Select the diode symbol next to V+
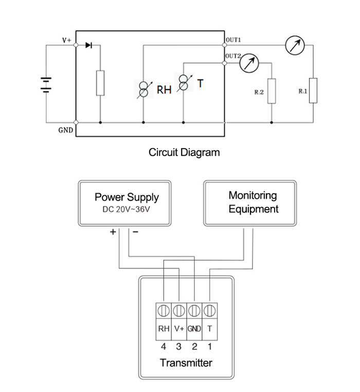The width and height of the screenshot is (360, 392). tap(88, 45)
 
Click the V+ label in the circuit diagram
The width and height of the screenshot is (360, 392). tap(66, 40)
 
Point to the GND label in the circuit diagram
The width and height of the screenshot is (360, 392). tap(65, 130)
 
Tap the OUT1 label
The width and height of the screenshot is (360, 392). tap(234, 40)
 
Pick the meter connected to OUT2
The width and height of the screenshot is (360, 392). tap(249, 63)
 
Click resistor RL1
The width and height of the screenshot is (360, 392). tap(313, 90)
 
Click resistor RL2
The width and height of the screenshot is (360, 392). tap(272, 91)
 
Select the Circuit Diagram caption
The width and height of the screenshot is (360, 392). tap(184, 152)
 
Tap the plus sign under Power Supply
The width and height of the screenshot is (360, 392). tap(113, 232)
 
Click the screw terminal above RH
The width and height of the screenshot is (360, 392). tap(164, 311)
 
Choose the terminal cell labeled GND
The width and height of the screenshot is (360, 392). tap(194, 328)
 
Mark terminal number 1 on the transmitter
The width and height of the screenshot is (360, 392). tap(210, 347)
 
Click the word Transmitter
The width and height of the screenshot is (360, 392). tap(186, 363)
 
